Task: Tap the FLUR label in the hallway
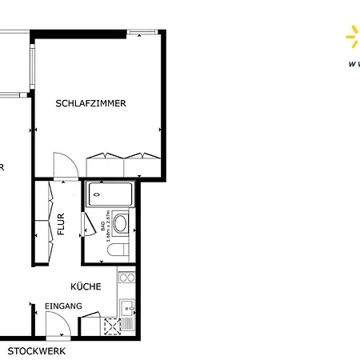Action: pos(61,222)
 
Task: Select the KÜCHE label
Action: pos(85,286)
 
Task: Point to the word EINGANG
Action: pos(63,306)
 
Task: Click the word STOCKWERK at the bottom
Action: pos(37,351)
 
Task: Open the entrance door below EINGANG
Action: pos(58,324)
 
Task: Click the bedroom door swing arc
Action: pos(66,164)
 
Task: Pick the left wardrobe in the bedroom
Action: pos(104,165)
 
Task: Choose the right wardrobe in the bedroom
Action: pos(142,165)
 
